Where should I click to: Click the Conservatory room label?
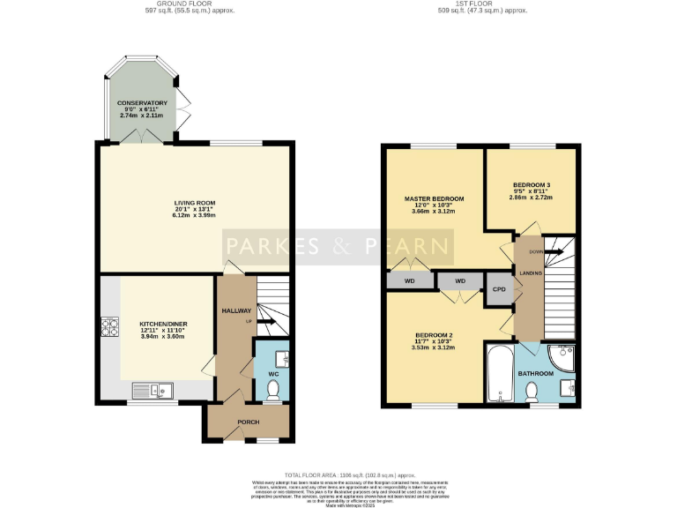click(142, 103)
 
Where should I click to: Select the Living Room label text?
click(194, 203)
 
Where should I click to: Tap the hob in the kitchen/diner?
click(111, 327)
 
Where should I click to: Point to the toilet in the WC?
click(272, 389)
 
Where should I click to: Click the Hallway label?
click(236, 310)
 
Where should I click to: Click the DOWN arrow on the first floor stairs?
click(552, 250)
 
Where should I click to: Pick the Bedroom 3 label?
click(532, 185)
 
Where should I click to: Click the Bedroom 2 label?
click(433, 335)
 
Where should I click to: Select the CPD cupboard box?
click(498, 288)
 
